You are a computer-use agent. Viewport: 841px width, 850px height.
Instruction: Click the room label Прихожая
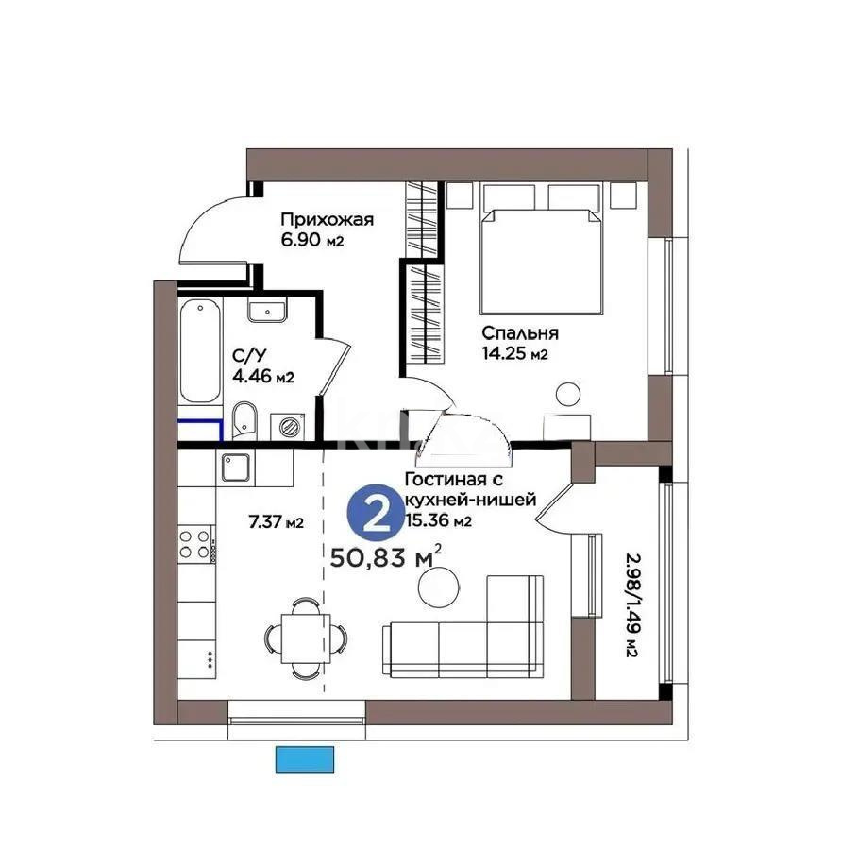(x=327, y=220)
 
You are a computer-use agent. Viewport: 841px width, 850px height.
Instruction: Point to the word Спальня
(x=520, y=333)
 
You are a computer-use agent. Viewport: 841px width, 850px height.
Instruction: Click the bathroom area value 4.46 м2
(x=263, y=377)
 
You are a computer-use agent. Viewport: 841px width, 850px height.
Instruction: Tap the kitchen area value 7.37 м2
(x=276, y=522)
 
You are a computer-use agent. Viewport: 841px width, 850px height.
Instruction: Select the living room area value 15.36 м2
(x=437, y=520)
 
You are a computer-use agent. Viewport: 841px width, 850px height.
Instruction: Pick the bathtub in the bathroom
(x=201, y=349)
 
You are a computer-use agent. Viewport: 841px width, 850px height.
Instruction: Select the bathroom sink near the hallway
(x=269, y=310)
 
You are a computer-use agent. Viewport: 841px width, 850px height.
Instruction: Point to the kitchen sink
(x=235, y=466)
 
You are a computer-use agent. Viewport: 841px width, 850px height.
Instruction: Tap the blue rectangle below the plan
(x=305, y=757)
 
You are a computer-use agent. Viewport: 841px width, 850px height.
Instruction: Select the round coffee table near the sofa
(x=436, y=586)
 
